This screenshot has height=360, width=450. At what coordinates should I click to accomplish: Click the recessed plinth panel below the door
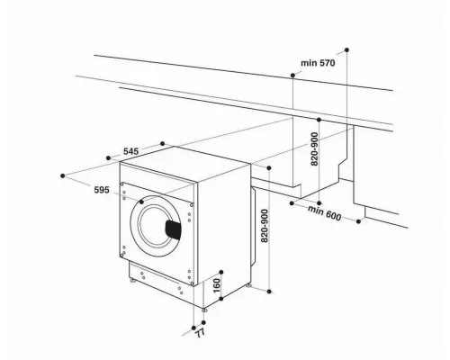pos(162,277)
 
